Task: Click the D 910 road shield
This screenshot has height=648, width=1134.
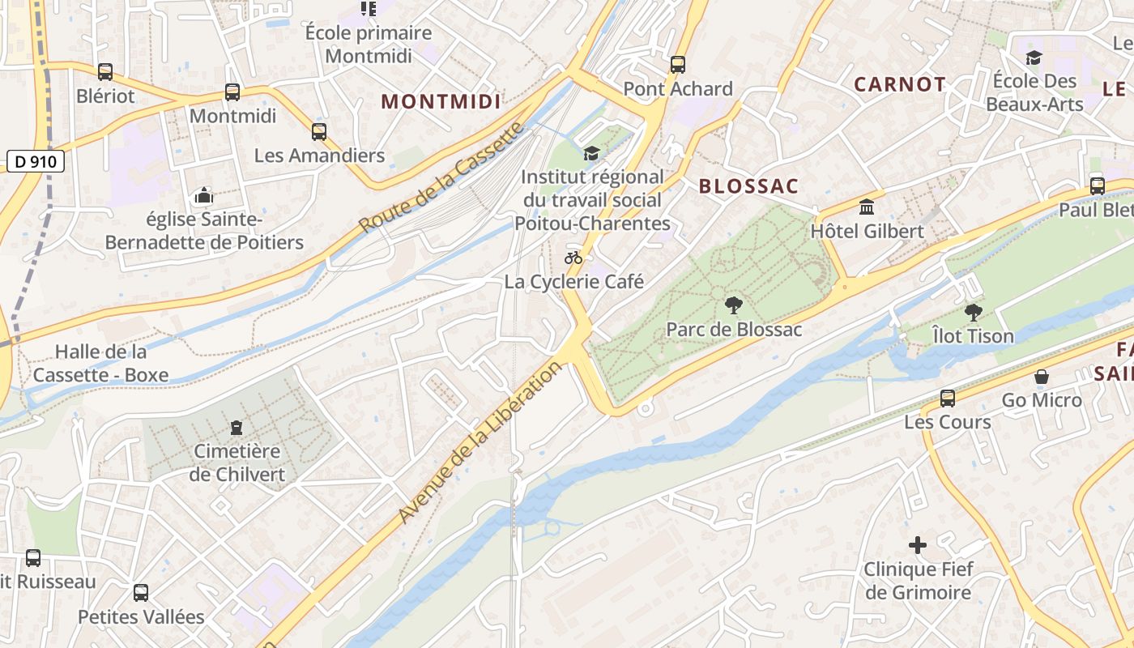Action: tap(36, 161)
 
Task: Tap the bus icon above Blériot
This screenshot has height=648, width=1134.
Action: tap(105, 72)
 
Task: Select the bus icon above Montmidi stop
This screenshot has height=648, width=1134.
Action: tap(232, 92)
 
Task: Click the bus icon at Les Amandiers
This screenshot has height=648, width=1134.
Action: tap(319, 131)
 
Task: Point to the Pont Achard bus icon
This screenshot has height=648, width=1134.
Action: tap(678, 65)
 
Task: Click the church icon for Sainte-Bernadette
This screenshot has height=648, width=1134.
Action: tap(204, 195)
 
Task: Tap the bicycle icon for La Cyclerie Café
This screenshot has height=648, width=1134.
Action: tap(573, 258)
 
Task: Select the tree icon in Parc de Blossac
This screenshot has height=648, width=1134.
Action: tap(734, 305)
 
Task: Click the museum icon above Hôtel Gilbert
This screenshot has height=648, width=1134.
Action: tap(867, 207)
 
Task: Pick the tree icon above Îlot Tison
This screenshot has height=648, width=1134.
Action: tap(973, 312)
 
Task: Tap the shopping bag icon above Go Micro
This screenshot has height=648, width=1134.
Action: tap(1042, 377)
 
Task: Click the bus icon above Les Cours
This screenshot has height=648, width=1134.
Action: tap(948, 398)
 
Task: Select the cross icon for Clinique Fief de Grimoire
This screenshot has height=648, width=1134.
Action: tap(917, 545)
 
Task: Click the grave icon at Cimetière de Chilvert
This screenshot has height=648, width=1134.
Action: tap(237, 427)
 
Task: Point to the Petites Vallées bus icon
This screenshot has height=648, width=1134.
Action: tap(141, 593)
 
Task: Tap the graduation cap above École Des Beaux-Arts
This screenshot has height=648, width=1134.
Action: tap(1034, 58)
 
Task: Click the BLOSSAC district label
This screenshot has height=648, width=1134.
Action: tap(748, 186)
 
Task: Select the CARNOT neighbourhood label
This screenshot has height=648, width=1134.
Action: tap(899, 84)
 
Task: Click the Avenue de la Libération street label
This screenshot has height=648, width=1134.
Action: tap(480, 442)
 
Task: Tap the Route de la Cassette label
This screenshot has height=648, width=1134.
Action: tap(442, 177)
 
